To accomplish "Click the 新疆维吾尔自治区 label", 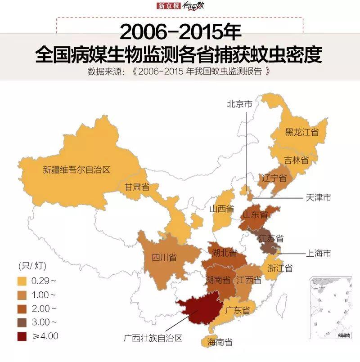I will pos(76,170).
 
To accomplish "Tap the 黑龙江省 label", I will pos(301,132).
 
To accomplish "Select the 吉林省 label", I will pos(296,160).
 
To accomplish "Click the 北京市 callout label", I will pos(239,104).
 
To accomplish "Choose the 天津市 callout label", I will pos(318,197).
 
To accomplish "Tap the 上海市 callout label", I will pos(318,254).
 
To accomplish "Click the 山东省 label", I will pos(255,215).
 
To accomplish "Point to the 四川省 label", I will pos(164,257).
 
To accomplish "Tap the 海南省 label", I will pos(220,343).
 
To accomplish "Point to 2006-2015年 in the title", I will pos(180,32).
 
